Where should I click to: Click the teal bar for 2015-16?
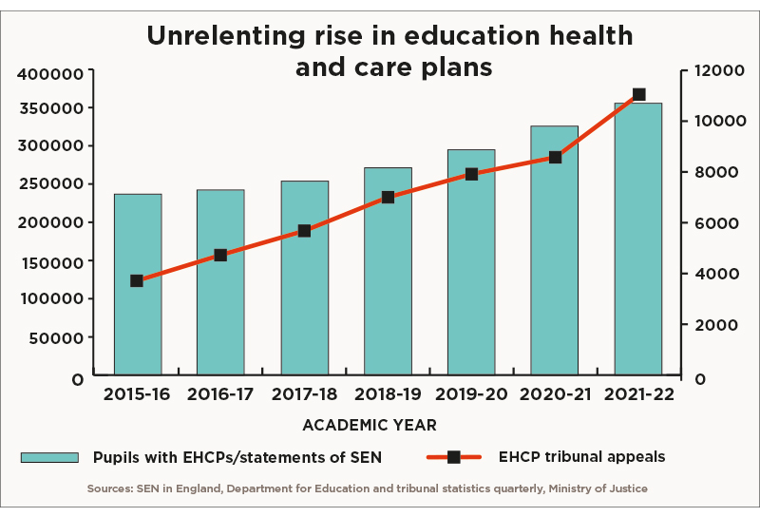click(x=138, y=284)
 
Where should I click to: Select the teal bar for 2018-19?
click(x=388, y=271)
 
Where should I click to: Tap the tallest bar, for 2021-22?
click(x=638, y=239)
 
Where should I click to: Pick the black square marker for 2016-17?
click(x=220, y=255)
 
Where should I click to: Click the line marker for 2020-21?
click(x=556, y=157)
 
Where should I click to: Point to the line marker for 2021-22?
click(x=638, y=94)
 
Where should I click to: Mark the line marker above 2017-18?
click(x=304, y=230)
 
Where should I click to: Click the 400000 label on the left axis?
click(x=50, y=74)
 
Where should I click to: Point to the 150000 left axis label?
click(x=52, y=262)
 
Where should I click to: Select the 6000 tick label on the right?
click(x=716, y=223)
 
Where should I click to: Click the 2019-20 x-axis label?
click(x=471, y=394)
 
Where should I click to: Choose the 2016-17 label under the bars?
click(x=220, y=394)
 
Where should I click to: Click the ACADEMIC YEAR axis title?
click(x=370, y=426)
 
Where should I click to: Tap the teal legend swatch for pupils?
click(x=49, y=458)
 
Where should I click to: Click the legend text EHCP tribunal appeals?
click(x=581, y=457)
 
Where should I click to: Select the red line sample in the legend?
click(x=454, y=457)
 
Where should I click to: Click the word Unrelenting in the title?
click(x=225, y=36)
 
